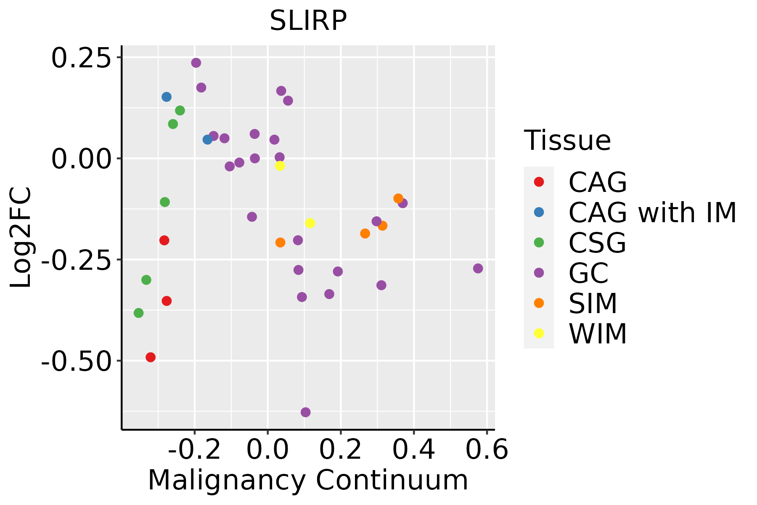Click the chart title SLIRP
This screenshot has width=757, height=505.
pos(308,20)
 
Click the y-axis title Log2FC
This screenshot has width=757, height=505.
pos(21,238)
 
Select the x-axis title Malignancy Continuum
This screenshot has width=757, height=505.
pos(308,480)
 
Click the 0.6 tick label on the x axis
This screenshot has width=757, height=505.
pos(487,450)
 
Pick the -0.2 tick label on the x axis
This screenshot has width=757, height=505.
pos(194,450)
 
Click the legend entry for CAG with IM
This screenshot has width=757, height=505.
pos(652,212)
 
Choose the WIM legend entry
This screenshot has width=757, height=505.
pos(597,333)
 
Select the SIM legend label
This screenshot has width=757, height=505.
pos(593,303)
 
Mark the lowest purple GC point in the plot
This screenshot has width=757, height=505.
pos(306,412)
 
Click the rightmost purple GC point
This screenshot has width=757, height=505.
pos(478,268)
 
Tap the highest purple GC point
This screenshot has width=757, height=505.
pos(196,63)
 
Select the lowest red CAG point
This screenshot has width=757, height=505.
pos(151,357)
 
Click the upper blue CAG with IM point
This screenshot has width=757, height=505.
pos(167,97)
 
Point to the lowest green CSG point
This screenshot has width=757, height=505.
pos(138,313)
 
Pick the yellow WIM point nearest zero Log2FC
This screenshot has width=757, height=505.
pos(280,166)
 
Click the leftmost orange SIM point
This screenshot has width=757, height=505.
pos(281,242)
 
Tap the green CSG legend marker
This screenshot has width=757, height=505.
pos(539,242)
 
